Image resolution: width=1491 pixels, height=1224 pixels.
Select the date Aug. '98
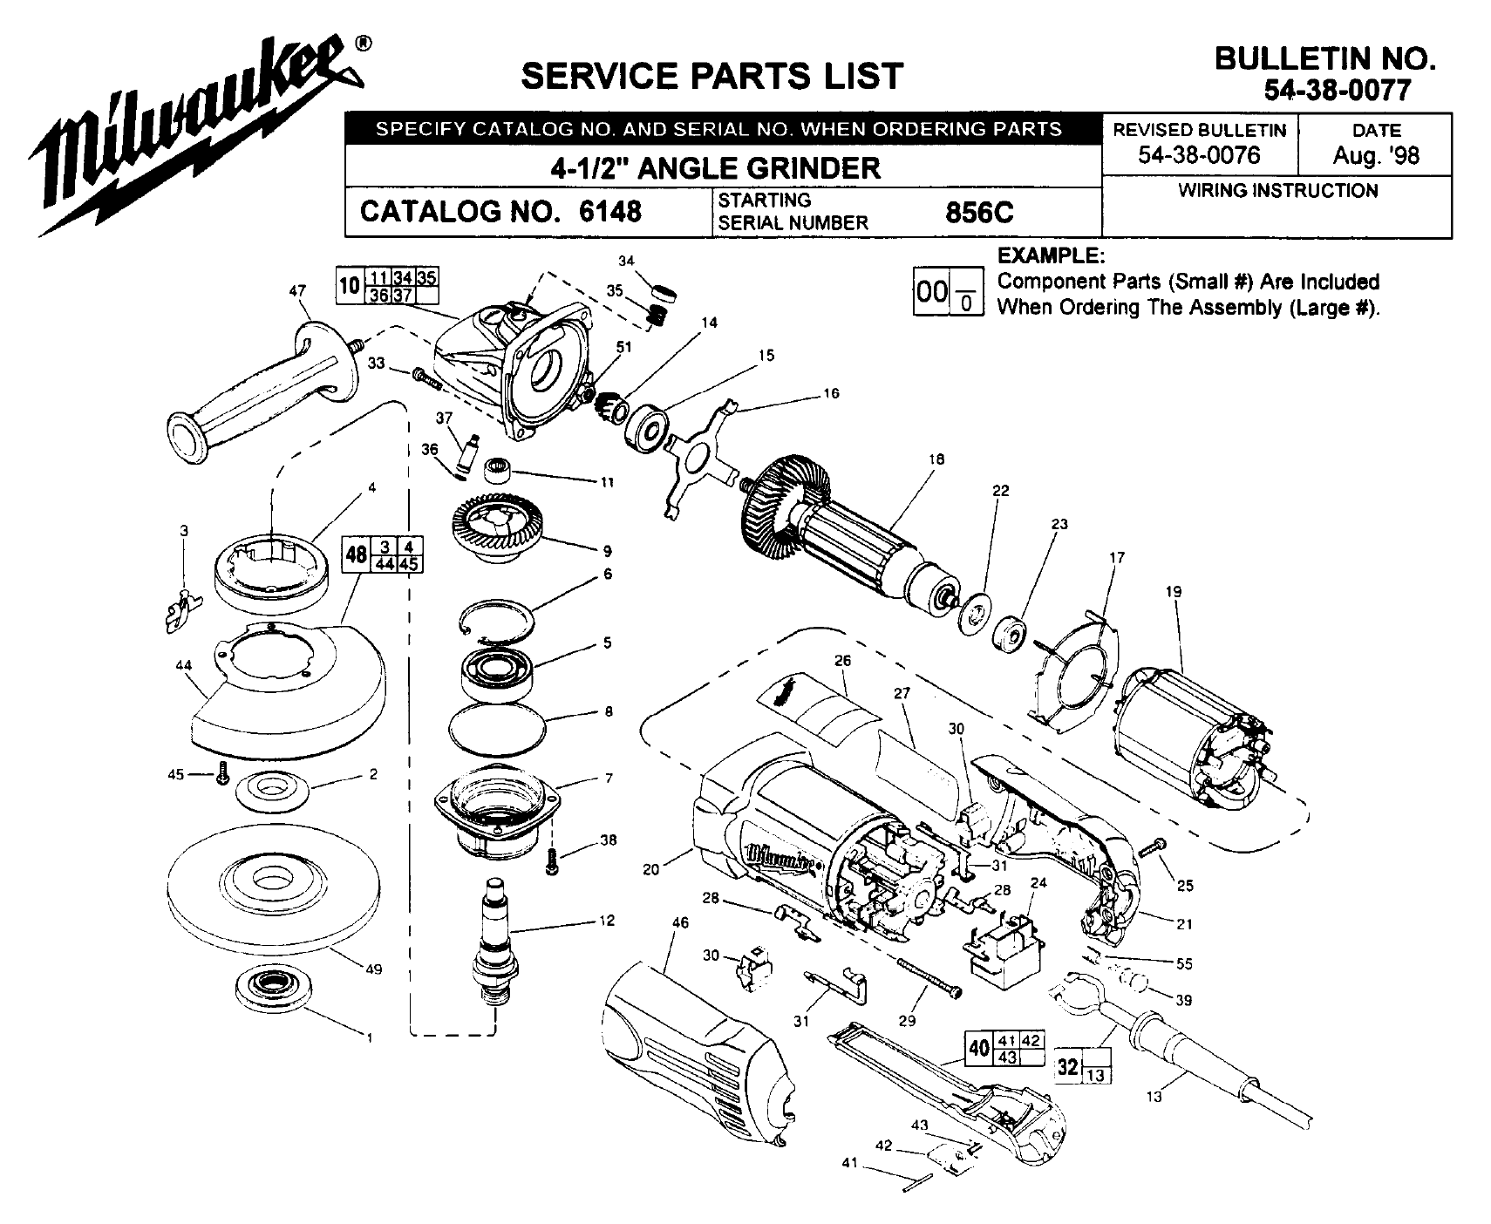pos(1375,155)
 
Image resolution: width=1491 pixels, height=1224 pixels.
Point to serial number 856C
pos(979,212)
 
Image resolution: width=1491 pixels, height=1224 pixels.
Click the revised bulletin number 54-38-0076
pos(1199,155)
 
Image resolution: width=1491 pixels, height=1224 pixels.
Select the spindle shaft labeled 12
pos(495,942)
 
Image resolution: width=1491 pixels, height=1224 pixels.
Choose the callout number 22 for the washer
pos(1000,491)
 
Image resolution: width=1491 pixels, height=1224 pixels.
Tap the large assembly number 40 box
pos(978,1046)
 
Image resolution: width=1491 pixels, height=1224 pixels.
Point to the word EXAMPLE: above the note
pos(1051,256)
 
